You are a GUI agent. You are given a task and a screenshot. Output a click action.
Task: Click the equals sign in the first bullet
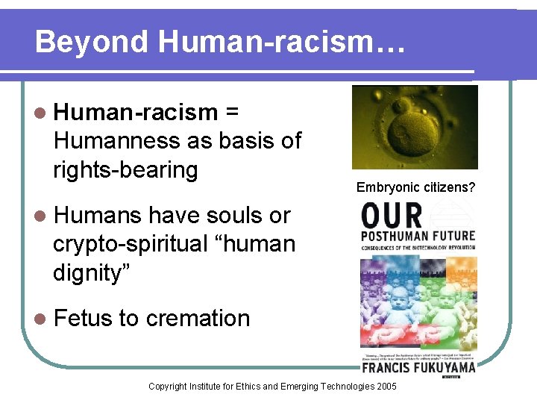coord(231,112)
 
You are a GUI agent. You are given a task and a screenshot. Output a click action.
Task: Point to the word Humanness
coord(109,140)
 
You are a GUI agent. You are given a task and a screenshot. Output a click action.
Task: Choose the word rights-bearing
coord(125,169)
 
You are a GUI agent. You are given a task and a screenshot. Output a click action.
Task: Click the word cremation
coord(198,318)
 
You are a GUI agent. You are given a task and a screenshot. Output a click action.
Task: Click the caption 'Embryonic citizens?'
coord(415,187)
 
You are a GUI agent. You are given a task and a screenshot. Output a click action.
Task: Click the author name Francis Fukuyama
coord(418,367)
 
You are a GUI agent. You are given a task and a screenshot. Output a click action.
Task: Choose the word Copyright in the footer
coord(169,386)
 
